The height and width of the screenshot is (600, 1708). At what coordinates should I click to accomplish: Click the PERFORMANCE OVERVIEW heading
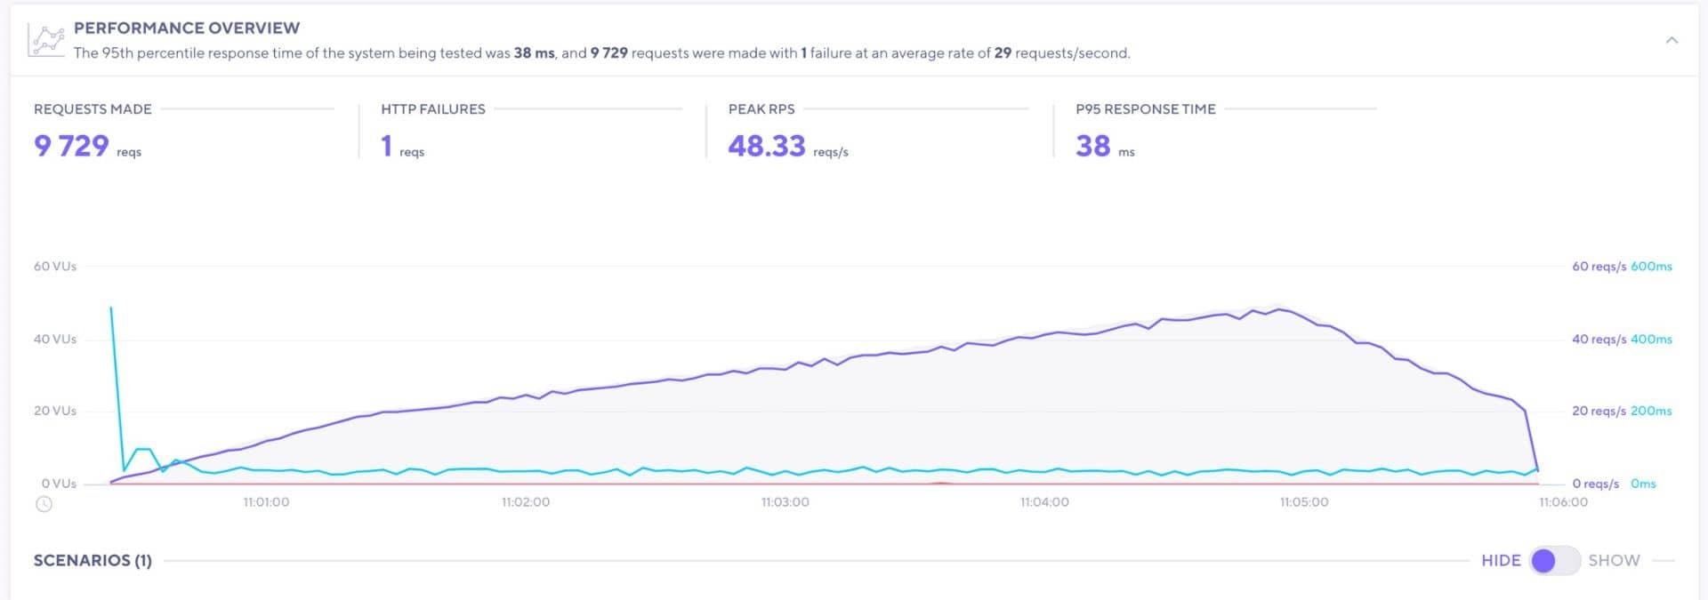click(x=187, y=28)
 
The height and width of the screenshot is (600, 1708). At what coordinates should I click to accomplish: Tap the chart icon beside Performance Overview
click(x=46, y=41)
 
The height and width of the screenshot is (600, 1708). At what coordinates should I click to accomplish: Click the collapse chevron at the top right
click(x=1672, y=41)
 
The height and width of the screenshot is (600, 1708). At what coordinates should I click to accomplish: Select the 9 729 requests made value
click(x=71, y=146)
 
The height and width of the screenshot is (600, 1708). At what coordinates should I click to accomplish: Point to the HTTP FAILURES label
click(x=433, y=109)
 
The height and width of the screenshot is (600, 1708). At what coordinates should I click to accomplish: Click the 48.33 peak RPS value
click(x=767, y=146)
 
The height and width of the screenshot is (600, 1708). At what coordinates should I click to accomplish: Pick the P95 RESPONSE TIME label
click(x=1145, y=109)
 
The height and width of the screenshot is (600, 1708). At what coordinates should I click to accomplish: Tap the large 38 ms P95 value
click(x=1093, y=146)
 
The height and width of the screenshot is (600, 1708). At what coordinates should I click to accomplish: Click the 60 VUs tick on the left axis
click(x=55, y=267)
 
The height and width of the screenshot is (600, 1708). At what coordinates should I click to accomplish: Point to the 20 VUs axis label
click(x=55, y=411)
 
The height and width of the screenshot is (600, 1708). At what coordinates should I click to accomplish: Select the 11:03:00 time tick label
click(x=785, y=502)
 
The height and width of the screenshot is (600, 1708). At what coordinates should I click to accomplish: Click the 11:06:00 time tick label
click(x=1563, y=502)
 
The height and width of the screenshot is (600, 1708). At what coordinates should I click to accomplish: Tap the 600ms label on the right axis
click(x=1651, y=267)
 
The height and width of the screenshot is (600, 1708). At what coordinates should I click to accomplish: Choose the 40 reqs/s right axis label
click(x=1599, y=340)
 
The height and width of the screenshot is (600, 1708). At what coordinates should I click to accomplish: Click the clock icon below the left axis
click(x=44, y=504)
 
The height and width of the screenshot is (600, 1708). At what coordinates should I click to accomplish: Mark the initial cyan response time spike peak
click(x=111, y=308)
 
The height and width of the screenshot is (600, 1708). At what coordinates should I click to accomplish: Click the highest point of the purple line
click(x=1279, y=309)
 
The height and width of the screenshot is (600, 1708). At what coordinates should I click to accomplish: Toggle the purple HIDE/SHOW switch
click(x=1553, y=561)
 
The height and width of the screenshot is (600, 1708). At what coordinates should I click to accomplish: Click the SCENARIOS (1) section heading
click(x=93, y=561)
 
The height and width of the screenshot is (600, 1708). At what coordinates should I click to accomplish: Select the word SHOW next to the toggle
click(x=1614, y=561)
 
